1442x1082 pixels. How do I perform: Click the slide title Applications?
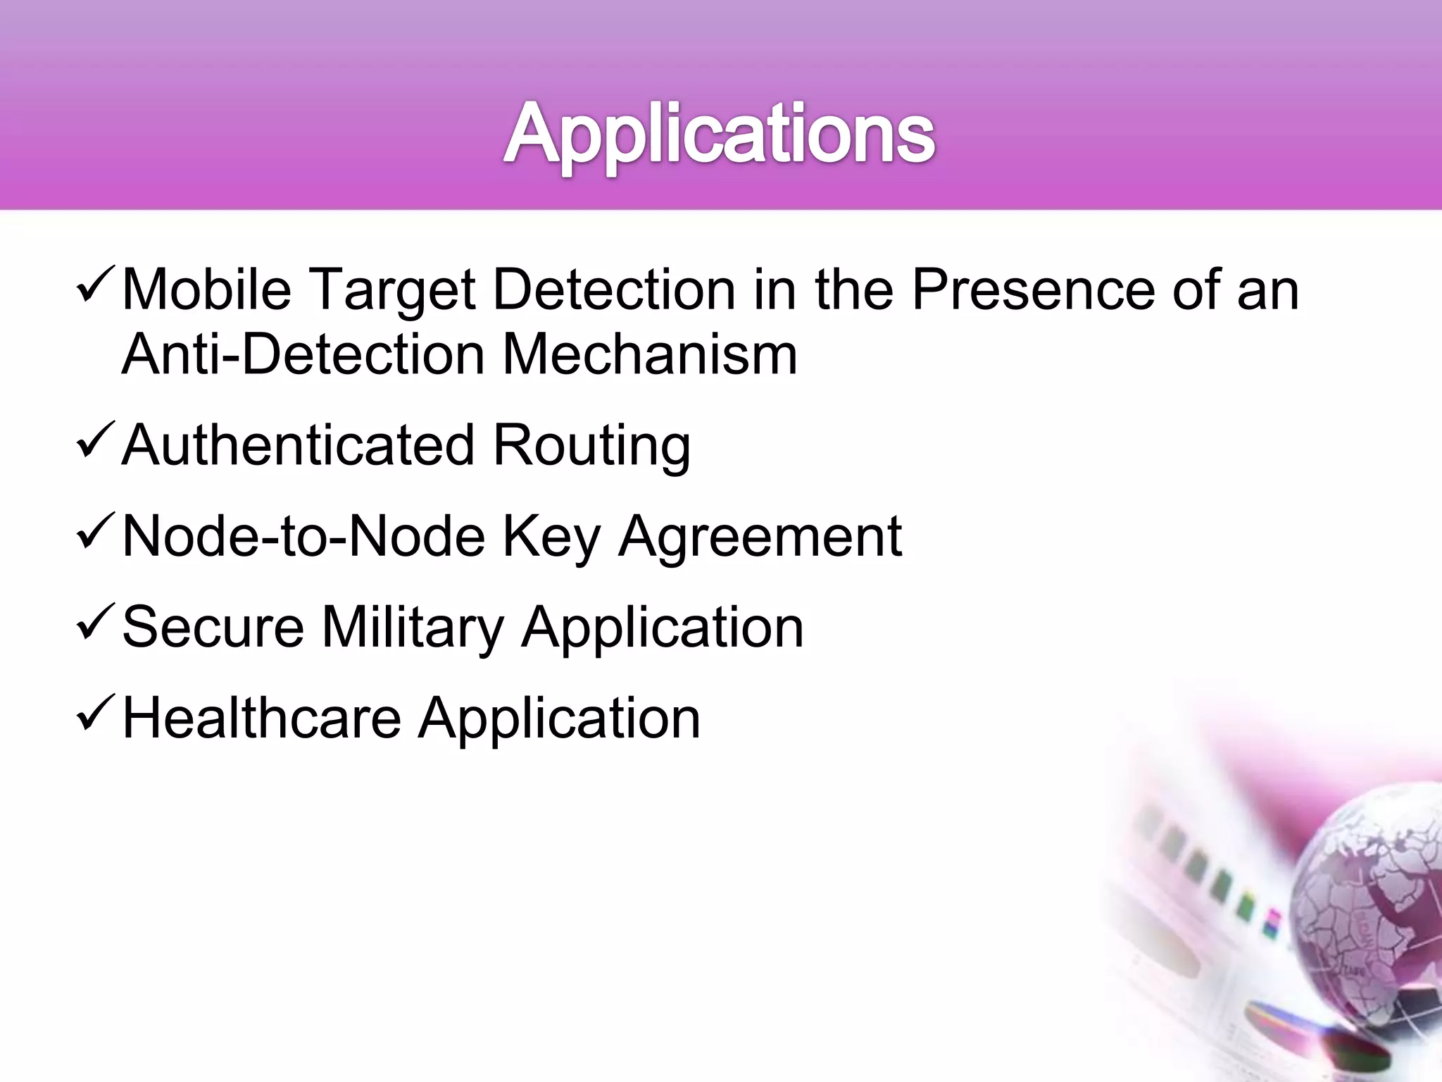coord(719,134)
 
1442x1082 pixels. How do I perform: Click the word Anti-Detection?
coord(303,354)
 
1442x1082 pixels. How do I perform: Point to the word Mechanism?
coord(649,354)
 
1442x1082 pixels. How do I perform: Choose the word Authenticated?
coord(299,445)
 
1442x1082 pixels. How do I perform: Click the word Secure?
coord(213,627)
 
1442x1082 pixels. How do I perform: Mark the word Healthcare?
coord(261,718)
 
